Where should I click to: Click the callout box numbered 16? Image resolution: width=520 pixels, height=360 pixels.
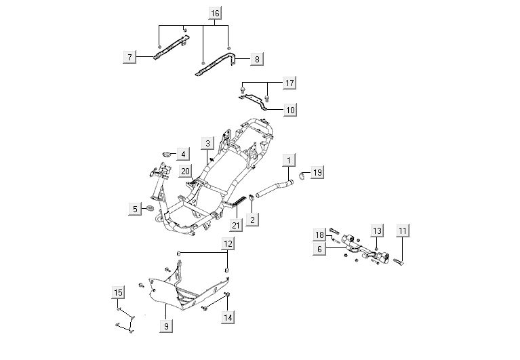pyautogui.click(x=214, y=14)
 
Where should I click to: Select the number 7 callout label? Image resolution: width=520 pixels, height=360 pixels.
pyautogui.click(x=129, y=57)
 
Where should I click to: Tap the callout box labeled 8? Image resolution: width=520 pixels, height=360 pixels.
pyautogui.click(x=256, y=59)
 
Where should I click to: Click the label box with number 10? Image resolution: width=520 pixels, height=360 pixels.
pyautogui.click(x=289, y=108)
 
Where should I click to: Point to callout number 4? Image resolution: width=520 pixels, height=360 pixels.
pyautogui.click(x=182, y=155)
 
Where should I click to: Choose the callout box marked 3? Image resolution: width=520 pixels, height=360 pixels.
pyautogui.click(x=208, y=143)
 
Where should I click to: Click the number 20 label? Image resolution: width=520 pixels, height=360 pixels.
pyautogui.click(x=185, y=172)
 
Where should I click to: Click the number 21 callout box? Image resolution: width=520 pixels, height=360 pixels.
pyautogui.click(x=236, y=225)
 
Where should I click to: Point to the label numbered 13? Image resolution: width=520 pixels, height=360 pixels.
pyautogui.click(x=377, y=231)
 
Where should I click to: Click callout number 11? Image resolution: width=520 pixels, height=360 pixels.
pyautogui.click(x=403, y=231)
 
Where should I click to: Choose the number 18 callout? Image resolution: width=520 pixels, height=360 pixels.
pyautogui.click(x=320, y=235)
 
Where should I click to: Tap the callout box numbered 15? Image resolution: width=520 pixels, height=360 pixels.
pyautogui.click(x=119, y=292)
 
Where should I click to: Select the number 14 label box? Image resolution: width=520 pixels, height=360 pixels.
pyautogui.click(x=228, y=317)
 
